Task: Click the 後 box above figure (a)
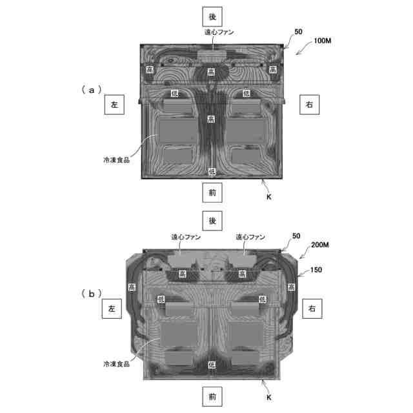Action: click(x=212, y=17)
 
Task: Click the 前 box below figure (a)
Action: click(x=212, y=192)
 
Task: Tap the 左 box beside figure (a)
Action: click(x=114, y=105)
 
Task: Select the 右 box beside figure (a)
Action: click(x=310, y=105)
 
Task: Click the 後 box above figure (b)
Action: click(x=212, y=221)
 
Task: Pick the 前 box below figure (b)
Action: click(x=212, y=396)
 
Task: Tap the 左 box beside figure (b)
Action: click(x=112, y=308)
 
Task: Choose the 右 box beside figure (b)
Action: click(x=312, y=308)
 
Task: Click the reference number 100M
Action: click(x=323, y=41)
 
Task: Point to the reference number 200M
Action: click(x=320, y=245)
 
